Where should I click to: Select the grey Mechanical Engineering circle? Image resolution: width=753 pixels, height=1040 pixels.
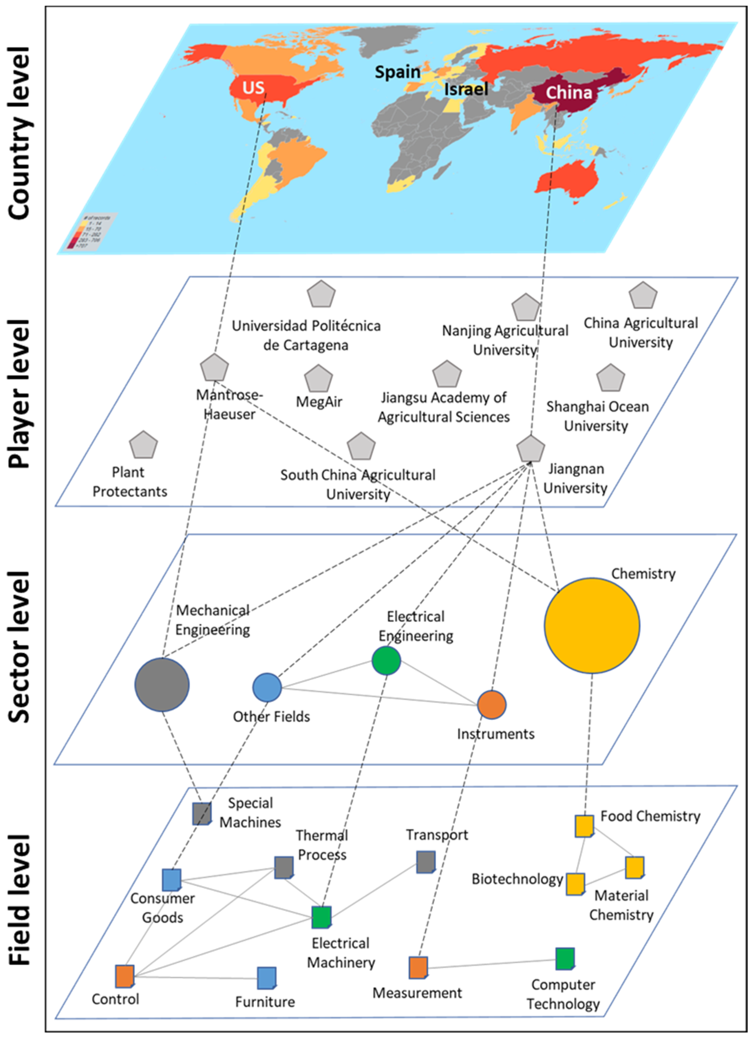[162, 685]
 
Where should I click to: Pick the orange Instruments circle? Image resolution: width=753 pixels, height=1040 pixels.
[491, 705]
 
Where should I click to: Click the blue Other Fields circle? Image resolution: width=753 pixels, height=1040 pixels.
[267, 687]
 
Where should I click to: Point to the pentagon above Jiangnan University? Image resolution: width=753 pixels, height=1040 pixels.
[531, 449]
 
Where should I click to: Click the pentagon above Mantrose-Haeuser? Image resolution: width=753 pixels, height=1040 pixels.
[214, 368]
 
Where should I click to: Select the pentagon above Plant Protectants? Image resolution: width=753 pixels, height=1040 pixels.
[143, 445]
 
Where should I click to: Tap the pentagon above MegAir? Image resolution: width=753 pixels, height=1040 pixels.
[318, 379]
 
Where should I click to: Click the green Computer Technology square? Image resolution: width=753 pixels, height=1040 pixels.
[565, 959]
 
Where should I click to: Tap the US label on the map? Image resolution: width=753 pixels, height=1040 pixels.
[253, 87]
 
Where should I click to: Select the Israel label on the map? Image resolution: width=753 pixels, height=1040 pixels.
[466, 89]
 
